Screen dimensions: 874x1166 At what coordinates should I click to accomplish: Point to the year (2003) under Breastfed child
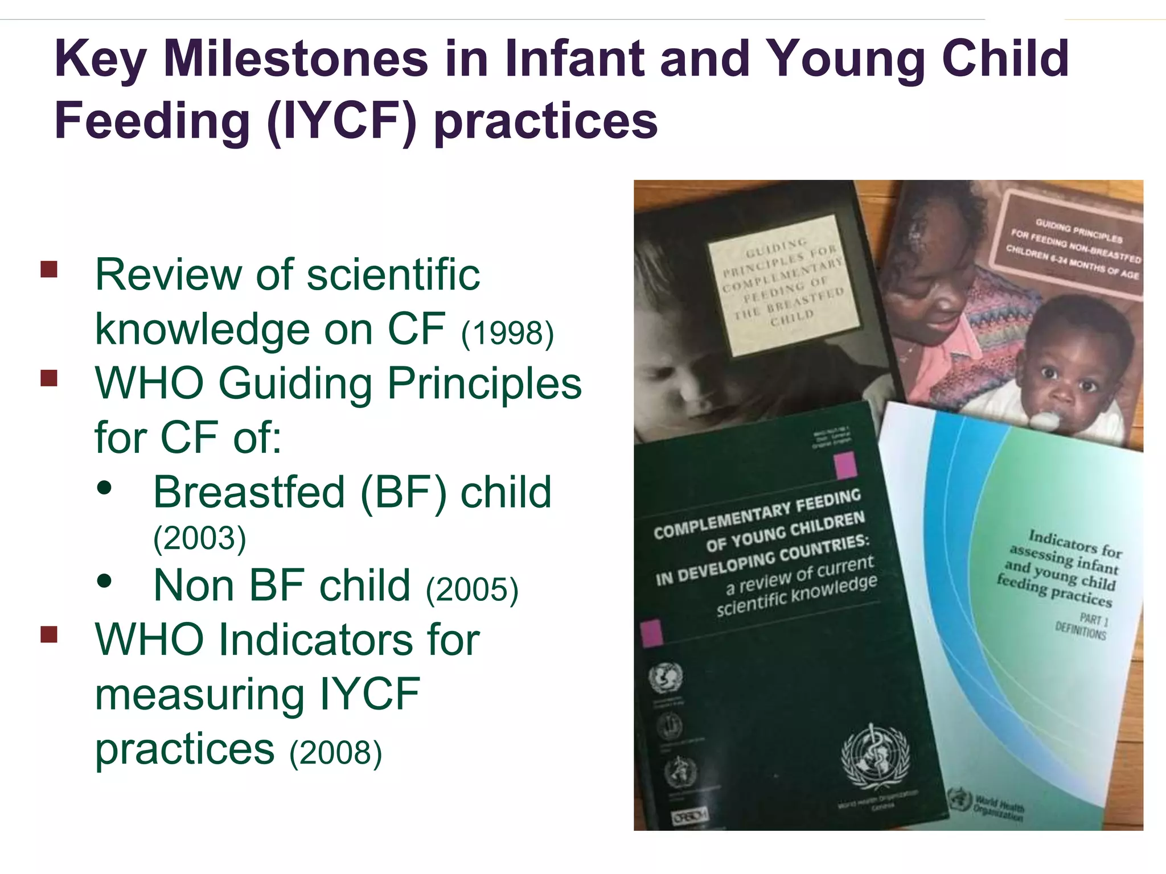[x=200, y=538]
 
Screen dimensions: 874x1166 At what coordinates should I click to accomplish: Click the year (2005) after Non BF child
[x=472, y=589]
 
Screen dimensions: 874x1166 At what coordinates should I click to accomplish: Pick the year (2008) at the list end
[x=335, y=752]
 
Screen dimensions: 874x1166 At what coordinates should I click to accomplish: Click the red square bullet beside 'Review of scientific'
[x=50, y=269]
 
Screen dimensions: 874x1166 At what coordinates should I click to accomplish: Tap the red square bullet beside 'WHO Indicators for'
[x=50, y=634]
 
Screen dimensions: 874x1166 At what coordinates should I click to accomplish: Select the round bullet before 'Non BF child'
[x=104, y=581]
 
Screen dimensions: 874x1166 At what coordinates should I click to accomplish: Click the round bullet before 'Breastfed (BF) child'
[x=104, y=488]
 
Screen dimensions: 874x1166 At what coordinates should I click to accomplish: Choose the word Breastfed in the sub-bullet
[x=249, y=492]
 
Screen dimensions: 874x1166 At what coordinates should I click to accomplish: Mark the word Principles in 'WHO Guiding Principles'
[x=485, y=384]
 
